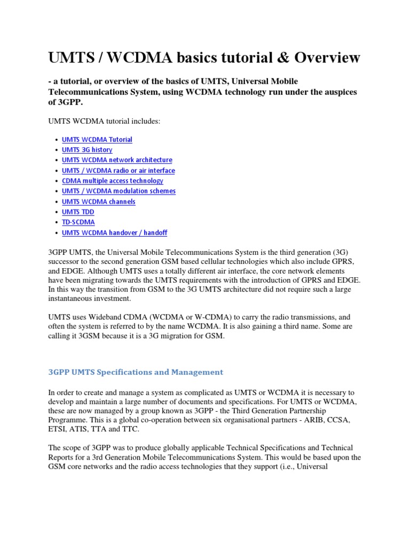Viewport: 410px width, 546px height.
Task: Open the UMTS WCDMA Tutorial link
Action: click(x=97, y=140)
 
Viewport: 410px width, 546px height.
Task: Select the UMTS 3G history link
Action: click(x=87, y=150)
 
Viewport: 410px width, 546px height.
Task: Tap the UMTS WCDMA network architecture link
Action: click(x=117, y=160)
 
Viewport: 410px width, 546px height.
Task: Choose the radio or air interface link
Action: click(x=119, y=171)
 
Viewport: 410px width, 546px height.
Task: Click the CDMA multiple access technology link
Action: click(x=113, y=181)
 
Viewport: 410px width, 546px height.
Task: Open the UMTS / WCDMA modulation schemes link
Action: click(x=119, y=191)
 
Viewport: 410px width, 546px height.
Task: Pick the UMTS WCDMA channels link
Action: click(x=99, y=202)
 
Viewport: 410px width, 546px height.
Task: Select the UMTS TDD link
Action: click(x=78, y=212)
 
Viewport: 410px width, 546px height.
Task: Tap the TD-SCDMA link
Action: click(x=78, y=222)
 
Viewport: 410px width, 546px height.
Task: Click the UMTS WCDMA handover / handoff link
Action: click(x=115, y=232)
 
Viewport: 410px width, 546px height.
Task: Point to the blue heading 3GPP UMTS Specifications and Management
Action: click(x=136, y=372)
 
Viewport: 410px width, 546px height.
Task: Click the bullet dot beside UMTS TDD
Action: click(x=56, y=212)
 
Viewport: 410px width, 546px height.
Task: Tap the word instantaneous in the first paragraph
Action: click(x=73, y=298)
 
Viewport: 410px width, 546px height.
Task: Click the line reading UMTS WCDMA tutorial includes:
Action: click(x=104, y=122)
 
